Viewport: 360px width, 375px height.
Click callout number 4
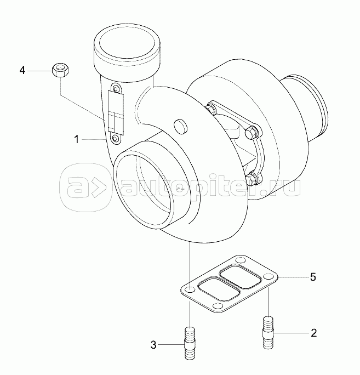tap(22, 71)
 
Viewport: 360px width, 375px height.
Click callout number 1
tap(77, 139)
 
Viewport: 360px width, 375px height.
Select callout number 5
tap(313, 277)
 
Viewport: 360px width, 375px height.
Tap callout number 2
tap(313, 333)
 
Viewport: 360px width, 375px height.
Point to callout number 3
tap(153, 345)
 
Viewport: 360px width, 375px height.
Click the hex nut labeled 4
tap(60, 70)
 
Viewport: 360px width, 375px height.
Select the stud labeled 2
tap(268, 333)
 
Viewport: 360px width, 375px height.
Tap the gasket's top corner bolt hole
tap(240, 260)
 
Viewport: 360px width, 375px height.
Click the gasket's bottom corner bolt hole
tap(218, 306)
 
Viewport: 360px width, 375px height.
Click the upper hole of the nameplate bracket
tap(116, 89)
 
